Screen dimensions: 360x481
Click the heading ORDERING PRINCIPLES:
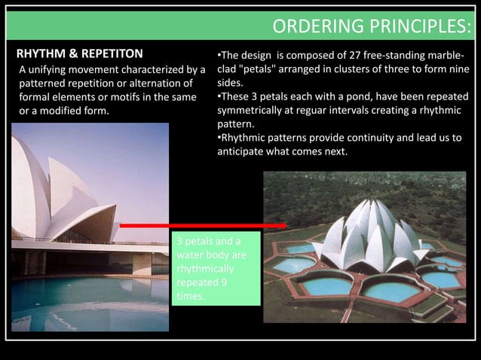tap(372, 27)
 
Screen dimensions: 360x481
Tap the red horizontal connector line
tap(203, 225)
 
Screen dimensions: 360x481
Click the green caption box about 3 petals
tap(215, 268)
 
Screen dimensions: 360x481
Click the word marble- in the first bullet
tap(444, 55)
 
